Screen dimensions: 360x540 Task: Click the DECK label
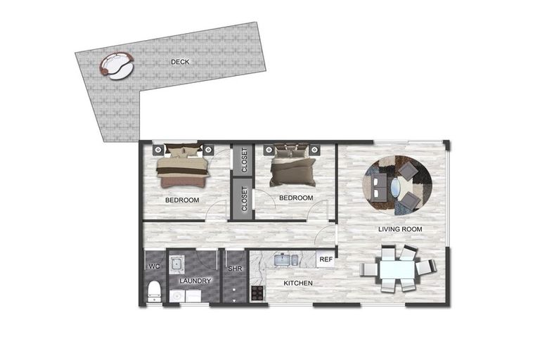(x=180, y=62)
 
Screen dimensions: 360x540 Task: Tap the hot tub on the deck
(x=116, y=65)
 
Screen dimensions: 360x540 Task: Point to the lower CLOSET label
(x=244, y=199)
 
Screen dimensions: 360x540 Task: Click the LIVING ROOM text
(x=400, y=230)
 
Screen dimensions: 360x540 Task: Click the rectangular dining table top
(x=397, y=269)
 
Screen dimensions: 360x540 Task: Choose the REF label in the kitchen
(x=326, y=259)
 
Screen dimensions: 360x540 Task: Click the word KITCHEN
(x=298, y=283)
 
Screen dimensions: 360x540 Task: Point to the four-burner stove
(x=258, y=291)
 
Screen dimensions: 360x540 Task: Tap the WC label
(x=155, y=266)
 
